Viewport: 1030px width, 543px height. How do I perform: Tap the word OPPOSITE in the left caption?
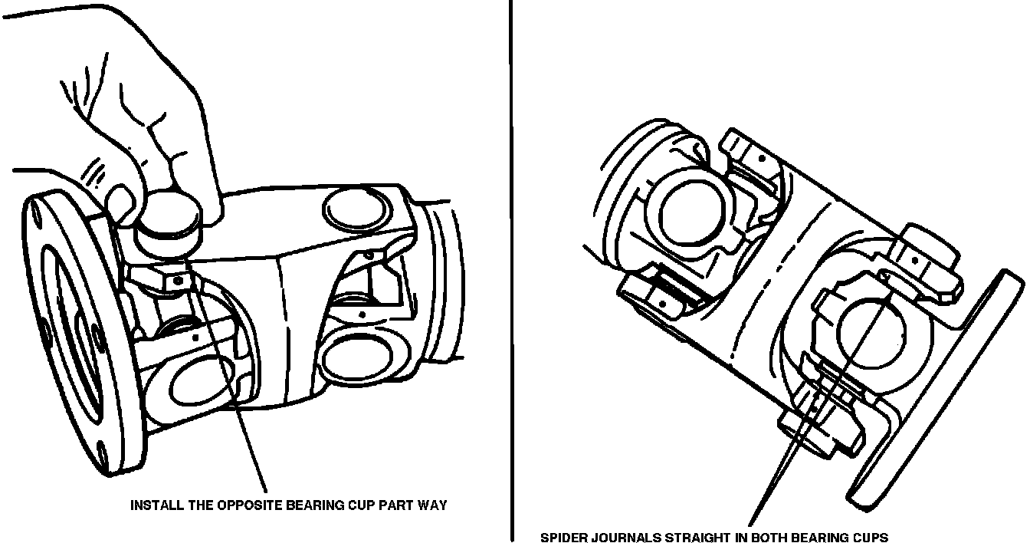click(x=249, y=505)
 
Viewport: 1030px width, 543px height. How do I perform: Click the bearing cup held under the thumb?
click(x=169, y=226)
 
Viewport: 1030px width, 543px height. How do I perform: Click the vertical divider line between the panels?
click(x=511, y=271)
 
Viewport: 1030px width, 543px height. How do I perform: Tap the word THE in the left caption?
click(x=200, y=505)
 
